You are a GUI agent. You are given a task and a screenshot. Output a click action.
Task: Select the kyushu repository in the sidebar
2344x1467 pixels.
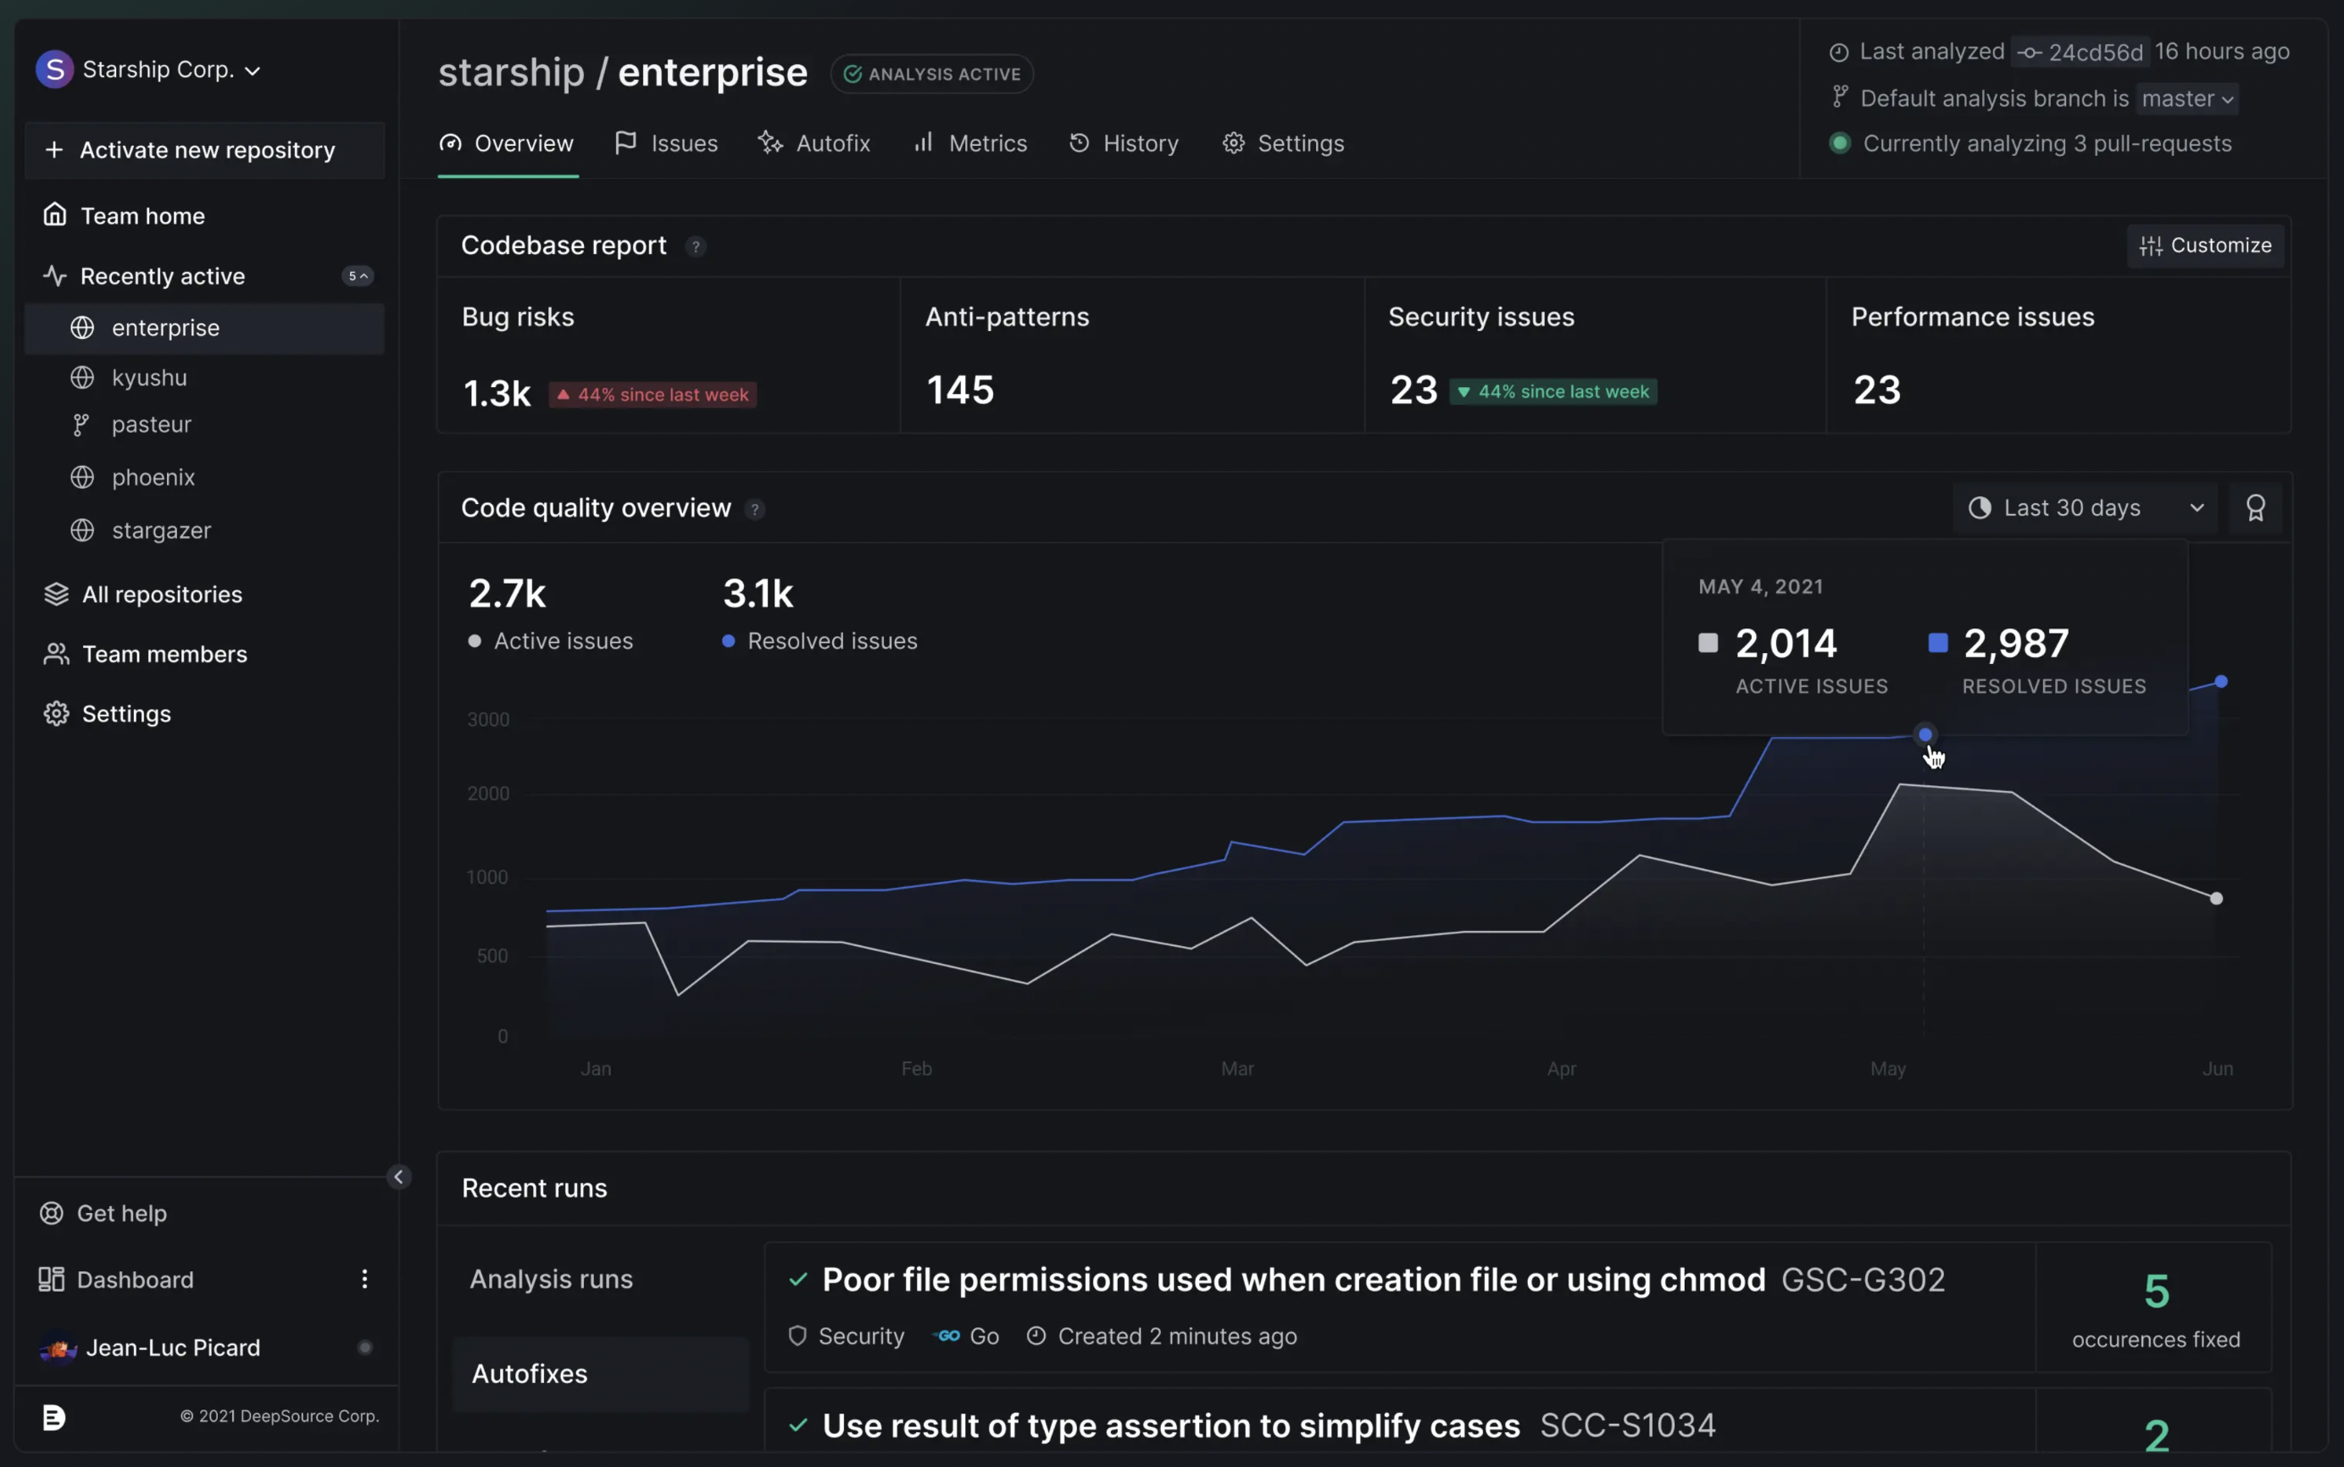click(148, 378)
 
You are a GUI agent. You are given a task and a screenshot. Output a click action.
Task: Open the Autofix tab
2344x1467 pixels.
click(814, 144)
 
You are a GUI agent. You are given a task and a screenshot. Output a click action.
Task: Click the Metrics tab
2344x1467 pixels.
click(969, 144)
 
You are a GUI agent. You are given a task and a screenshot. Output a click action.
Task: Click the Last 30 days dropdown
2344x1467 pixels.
click(2085, 508)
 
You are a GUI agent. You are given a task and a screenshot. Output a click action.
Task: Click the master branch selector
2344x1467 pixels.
click(2186, 99)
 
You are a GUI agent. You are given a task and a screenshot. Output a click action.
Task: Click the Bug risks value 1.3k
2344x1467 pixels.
click(497, 394)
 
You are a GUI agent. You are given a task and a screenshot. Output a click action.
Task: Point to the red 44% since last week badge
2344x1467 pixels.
click(653, 395)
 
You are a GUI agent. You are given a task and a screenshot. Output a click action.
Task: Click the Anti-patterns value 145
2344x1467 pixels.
click(960, 390)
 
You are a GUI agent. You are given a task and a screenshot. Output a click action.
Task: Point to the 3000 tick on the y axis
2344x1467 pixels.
click(488, 720)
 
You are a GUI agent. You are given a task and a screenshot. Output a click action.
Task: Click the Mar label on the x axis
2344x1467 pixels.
click(1236, 1069)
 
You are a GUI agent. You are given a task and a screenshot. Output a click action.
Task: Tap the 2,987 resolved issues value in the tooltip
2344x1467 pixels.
click(2016, 643)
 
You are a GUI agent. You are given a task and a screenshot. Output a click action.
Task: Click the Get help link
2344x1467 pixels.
click(121, 1214)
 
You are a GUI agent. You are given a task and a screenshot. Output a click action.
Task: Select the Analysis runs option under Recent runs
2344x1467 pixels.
click(550, 1280)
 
